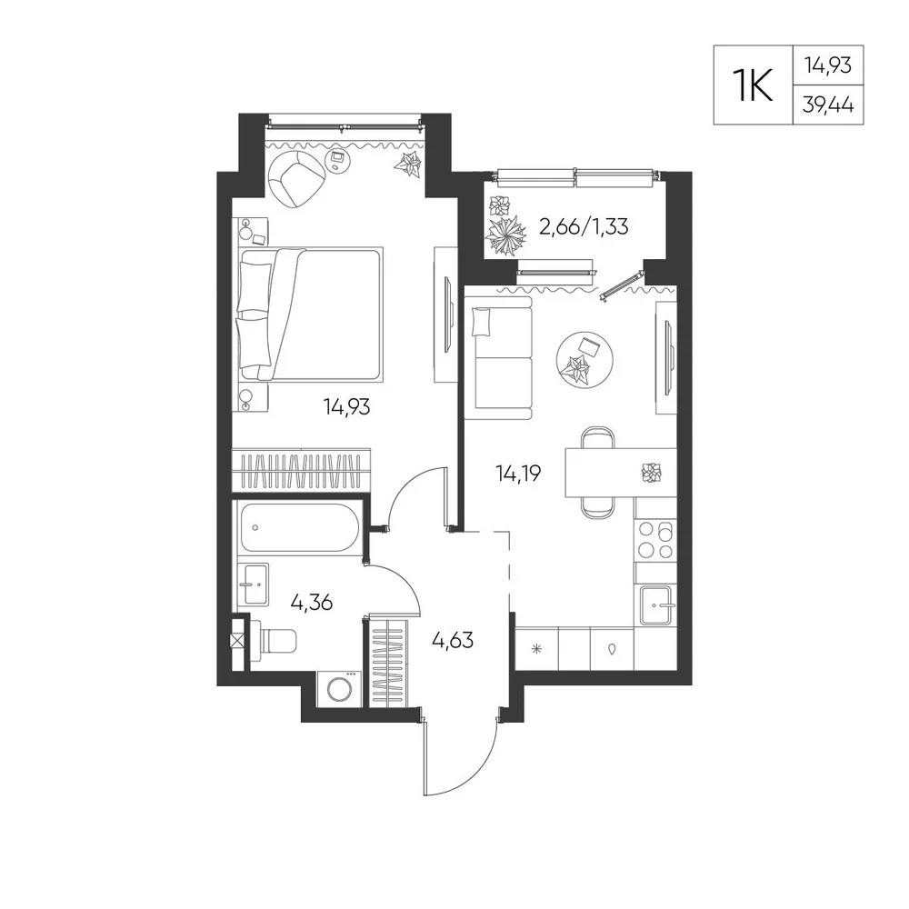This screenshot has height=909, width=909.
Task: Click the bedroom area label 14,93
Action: [x=346, y=407]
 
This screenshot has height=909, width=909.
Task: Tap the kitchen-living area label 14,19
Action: [x=518, y=474]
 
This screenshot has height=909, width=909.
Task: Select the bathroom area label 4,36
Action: [x=311, y=603]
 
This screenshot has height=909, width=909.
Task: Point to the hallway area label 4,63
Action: [x=453, y=640]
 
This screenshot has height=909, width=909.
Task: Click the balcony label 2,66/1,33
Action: [x=584, y=226]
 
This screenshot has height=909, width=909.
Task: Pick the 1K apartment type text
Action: [x=753, y=85]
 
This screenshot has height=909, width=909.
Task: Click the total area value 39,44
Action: [x=828, y=105]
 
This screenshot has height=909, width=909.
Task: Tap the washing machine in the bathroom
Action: [x=339, y=689]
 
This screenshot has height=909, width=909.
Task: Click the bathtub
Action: [x=298, y=527]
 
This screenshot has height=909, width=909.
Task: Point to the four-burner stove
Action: [x=655, y=540]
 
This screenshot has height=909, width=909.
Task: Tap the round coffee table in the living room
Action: [x=584, y=359]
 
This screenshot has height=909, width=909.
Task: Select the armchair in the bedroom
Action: [x=295, y=178]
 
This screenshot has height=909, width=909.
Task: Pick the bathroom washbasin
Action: [x=253, y=584]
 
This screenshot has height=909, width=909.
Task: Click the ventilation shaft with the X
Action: [x=237, y=641]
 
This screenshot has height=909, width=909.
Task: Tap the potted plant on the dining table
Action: [x=652, y=473]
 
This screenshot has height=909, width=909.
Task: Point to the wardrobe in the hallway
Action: [x=388, y=662]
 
